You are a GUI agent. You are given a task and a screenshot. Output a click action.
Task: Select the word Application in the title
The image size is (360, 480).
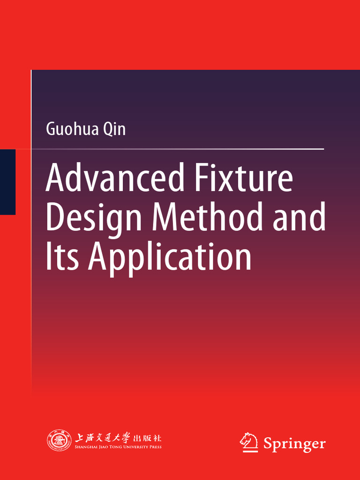[170, 258]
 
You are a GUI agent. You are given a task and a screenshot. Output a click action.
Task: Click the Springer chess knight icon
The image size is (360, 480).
[248, 442]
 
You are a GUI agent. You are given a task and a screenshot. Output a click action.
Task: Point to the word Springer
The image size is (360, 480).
[294, 443]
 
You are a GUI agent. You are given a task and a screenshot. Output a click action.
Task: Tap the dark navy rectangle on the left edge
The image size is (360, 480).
[7, 182]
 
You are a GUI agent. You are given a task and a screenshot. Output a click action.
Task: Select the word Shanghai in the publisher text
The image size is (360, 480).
[86, 447]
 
